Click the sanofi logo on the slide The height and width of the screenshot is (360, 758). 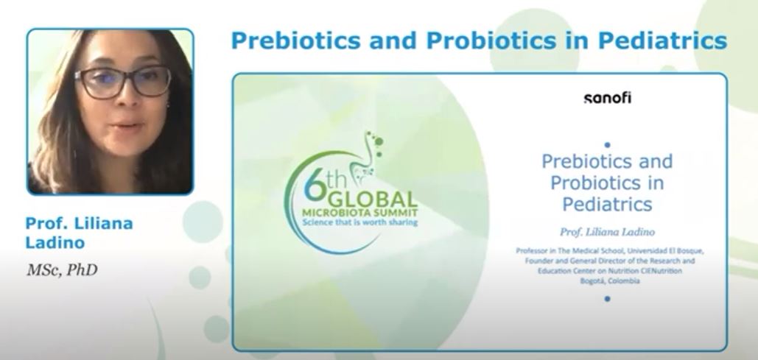click(x=607, y=98)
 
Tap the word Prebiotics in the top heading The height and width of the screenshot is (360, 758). click(x=296, y=40)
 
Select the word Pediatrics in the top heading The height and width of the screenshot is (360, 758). click(x=662, y=40)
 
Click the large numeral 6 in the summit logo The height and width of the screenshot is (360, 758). click(x=315, y=188)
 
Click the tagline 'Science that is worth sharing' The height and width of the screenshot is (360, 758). click(x=359, y=222)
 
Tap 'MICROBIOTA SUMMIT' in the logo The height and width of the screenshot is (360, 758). click(x=359, y=213)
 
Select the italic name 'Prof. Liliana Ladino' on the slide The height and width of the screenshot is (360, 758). click(x=607, y=233)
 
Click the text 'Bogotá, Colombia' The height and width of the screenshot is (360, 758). click(x=610, y=280)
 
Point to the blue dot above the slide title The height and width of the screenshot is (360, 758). click(x=607, y=144)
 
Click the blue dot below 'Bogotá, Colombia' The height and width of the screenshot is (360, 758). click(x=607, y=299)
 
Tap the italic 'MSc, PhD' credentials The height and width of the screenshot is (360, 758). click(x=62, y=270)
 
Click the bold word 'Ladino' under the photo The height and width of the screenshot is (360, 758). click(x=55, y=243)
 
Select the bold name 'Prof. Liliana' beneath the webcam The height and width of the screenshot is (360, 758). click(x=79, y=223)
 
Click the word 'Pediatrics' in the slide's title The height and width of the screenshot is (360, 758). click(x=607, y=204)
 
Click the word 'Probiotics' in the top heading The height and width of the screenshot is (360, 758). click(x=491, y=40)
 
